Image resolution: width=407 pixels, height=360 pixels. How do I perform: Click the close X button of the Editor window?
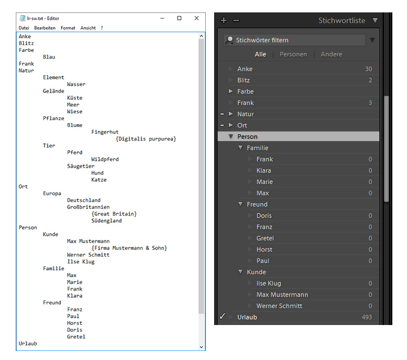point(197,18)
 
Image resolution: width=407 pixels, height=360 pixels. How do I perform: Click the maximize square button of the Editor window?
point(179,18)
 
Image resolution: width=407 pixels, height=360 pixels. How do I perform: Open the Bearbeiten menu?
point(45,28)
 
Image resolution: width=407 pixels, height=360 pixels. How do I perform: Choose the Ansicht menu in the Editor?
point(88,28)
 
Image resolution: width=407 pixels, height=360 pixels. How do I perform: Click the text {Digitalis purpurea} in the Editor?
point(146,139)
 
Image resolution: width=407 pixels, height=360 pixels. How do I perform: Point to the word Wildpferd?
point(105,159)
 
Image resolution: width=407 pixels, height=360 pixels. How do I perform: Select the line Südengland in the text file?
point(107,221)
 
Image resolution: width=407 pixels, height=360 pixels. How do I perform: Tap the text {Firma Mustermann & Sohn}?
point(129,248)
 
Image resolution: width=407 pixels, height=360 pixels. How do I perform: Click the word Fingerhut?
point(105,132)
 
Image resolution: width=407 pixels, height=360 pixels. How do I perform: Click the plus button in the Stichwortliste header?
point(224,20)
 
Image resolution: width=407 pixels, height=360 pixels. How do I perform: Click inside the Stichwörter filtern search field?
point(294,40)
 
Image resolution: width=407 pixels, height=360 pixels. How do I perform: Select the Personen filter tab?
point(293,54)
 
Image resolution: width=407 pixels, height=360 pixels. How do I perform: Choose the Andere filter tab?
point(331,54)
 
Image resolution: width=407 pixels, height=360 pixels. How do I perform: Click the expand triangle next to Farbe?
point(231,91)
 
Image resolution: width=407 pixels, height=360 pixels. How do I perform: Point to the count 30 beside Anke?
point(369,69)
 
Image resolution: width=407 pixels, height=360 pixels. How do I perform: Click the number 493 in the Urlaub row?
point(367,317)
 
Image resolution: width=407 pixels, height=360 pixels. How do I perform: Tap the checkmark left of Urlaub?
point(223,317)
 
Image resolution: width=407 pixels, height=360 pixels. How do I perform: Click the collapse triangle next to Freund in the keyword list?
point(240,204)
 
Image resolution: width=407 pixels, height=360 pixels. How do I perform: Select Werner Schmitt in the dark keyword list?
point(279,306)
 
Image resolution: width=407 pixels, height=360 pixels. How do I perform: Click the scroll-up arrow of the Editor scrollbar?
point(201,36)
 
